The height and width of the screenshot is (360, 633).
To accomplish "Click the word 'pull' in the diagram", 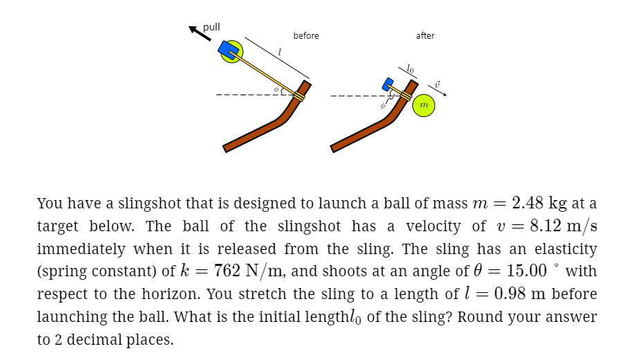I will point(212,27).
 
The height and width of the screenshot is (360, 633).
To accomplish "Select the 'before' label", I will point(306,35).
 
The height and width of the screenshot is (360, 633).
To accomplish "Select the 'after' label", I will point(425,35).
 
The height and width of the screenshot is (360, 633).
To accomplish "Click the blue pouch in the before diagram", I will point(228,49).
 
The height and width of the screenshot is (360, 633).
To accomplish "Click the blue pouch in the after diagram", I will point(388,84).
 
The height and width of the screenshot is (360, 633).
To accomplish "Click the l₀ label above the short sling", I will point(411,69).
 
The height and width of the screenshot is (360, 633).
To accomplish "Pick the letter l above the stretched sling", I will point(279,52).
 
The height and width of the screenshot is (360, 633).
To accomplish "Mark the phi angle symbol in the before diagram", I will point(275,89).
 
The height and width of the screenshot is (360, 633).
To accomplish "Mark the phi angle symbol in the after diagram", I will point(381,106).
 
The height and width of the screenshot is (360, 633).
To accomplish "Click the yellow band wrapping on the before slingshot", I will point(299,95).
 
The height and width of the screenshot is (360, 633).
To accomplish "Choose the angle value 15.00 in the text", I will point(519,271).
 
